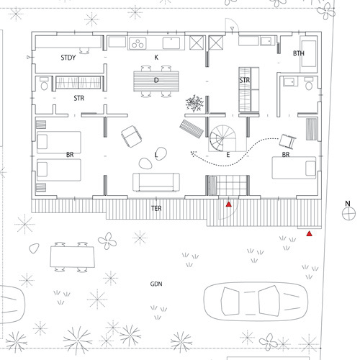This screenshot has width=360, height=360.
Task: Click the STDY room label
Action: click(68, 58)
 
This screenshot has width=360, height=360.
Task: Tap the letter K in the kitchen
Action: click(156, 58)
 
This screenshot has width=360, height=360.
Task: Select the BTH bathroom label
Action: click(299, 53)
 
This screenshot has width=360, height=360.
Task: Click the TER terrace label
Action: click(156, 208)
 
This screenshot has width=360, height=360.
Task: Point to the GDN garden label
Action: click(156, 284)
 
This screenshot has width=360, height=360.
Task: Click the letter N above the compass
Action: click(348, 204)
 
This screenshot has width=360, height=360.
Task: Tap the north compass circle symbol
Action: click(348, 213)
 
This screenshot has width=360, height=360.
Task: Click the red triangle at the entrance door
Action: click(229, 204)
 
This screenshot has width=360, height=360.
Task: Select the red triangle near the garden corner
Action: click(309, 233)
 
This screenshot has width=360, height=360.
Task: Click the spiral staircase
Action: click(222, 138)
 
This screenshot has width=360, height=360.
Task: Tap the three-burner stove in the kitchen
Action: click(138, 43)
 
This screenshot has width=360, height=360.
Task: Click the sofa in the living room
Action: click(156, 182)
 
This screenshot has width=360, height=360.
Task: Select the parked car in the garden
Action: click(256, 301)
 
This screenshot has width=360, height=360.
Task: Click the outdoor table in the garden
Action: click(72, 257)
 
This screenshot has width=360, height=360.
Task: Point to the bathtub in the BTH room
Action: click(309, 53)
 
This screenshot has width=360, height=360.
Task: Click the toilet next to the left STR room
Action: click(44, 84)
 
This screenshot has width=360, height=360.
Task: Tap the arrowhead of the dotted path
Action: click(193, 153)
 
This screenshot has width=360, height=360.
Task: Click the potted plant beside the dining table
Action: click(194, 103)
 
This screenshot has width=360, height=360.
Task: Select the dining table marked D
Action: click(156, 81)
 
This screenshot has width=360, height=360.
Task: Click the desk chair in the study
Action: click(84, 50)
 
